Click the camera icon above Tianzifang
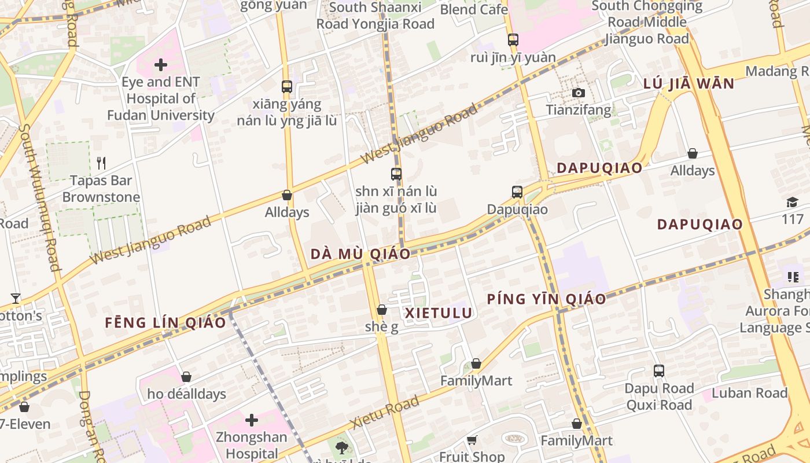(x=577, y=93)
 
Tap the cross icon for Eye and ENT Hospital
(x=161, y=65)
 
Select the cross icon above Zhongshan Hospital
(x=252, y=420)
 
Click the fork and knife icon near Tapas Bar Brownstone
(x=101, y=163)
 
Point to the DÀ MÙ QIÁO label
(x=360, y=254)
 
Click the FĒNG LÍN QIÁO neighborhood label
(x=165, y=323)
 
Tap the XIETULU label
(x=439, y=313)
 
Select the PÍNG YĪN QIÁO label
(x=546, y=299)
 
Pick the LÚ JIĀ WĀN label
(x=689, y=83)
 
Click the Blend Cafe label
(x=474, y=9)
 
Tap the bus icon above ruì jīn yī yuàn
(x=513, y=40)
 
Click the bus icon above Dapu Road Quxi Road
(x=659, y=371)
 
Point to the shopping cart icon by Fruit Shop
(x=472, y=440)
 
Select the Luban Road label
(x=750, y=393)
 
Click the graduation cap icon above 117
(x=792, y=202)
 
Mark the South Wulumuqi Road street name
(x=40, y=197)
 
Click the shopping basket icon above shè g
(x=382, y=310)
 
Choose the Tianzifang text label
(x=579, y=109)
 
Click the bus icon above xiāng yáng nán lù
(x=287, y=87)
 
